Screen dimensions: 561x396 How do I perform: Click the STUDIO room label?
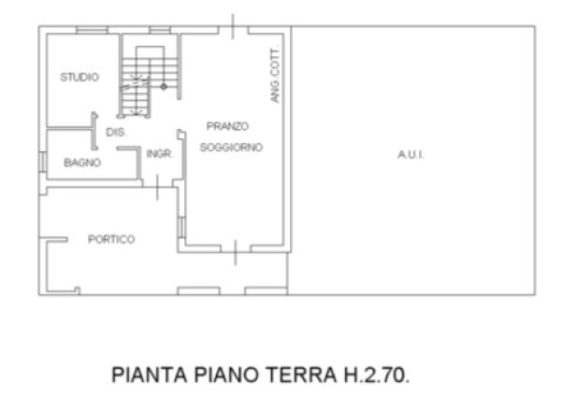pos(79,78)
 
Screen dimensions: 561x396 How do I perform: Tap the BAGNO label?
pos(82,163)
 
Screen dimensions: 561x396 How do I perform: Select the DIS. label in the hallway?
pos(116,133)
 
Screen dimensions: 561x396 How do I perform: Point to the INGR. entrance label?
pos(160,154)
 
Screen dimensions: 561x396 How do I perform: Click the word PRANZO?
pos(227,126)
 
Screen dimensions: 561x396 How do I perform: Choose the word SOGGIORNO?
pos(231,148)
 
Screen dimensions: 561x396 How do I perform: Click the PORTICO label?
pos(111,239)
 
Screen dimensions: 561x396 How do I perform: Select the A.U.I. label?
pos(410,155)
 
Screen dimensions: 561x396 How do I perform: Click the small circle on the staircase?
pos(164,87)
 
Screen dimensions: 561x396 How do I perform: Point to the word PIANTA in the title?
pos(150,375)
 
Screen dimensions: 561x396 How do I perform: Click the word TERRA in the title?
pos(301,375)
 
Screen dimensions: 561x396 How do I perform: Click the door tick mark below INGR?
pos(157,188)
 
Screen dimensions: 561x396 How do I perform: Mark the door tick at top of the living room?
pos(233,26)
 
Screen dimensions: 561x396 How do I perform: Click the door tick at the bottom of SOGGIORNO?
pos(235,253)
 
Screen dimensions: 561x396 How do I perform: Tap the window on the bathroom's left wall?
pos(43,162)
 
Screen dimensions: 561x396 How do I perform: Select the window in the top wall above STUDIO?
pos(92,30)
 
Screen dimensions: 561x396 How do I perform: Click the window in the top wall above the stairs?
pos(160,30)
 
